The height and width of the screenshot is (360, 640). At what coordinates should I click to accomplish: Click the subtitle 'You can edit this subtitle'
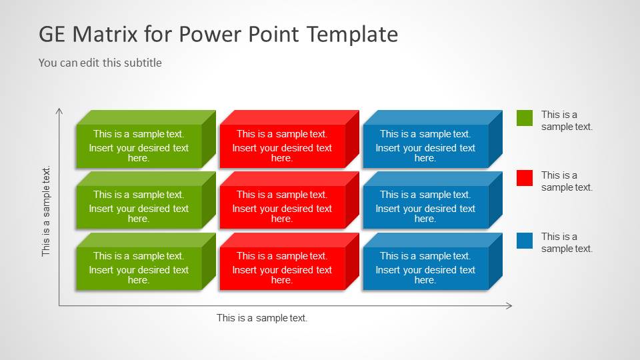click(x=100, y=63)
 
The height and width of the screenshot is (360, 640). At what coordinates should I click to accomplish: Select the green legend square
click(x=525, y=118)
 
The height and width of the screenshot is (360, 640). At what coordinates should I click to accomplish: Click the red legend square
click(x=525, y=178)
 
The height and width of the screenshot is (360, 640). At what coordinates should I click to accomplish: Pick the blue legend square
click(x=525, y=240)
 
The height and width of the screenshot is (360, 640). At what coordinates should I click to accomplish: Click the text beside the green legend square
click(x=566, y=121)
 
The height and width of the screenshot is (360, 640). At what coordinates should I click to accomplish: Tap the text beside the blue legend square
click(x=566, y=243)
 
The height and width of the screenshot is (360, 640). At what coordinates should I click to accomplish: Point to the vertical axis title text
click(x=46, y=211)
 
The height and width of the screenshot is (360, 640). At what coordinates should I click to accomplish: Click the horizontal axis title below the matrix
click(x=262, y=318)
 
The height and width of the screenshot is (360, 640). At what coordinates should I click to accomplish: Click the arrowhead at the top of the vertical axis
click(x=59, y=110)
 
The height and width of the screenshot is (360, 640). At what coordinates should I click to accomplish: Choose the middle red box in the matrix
click(x=282, y=207)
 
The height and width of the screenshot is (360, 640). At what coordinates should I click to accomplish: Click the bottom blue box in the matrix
click(x=425, y=268)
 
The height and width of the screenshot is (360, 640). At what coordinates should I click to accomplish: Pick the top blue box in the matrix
click(x=425, y=146)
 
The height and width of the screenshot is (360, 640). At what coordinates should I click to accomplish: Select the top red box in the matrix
click(x=282, y=146)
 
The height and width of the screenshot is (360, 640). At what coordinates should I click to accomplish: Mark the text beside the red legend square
click(x=566, y=181)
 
